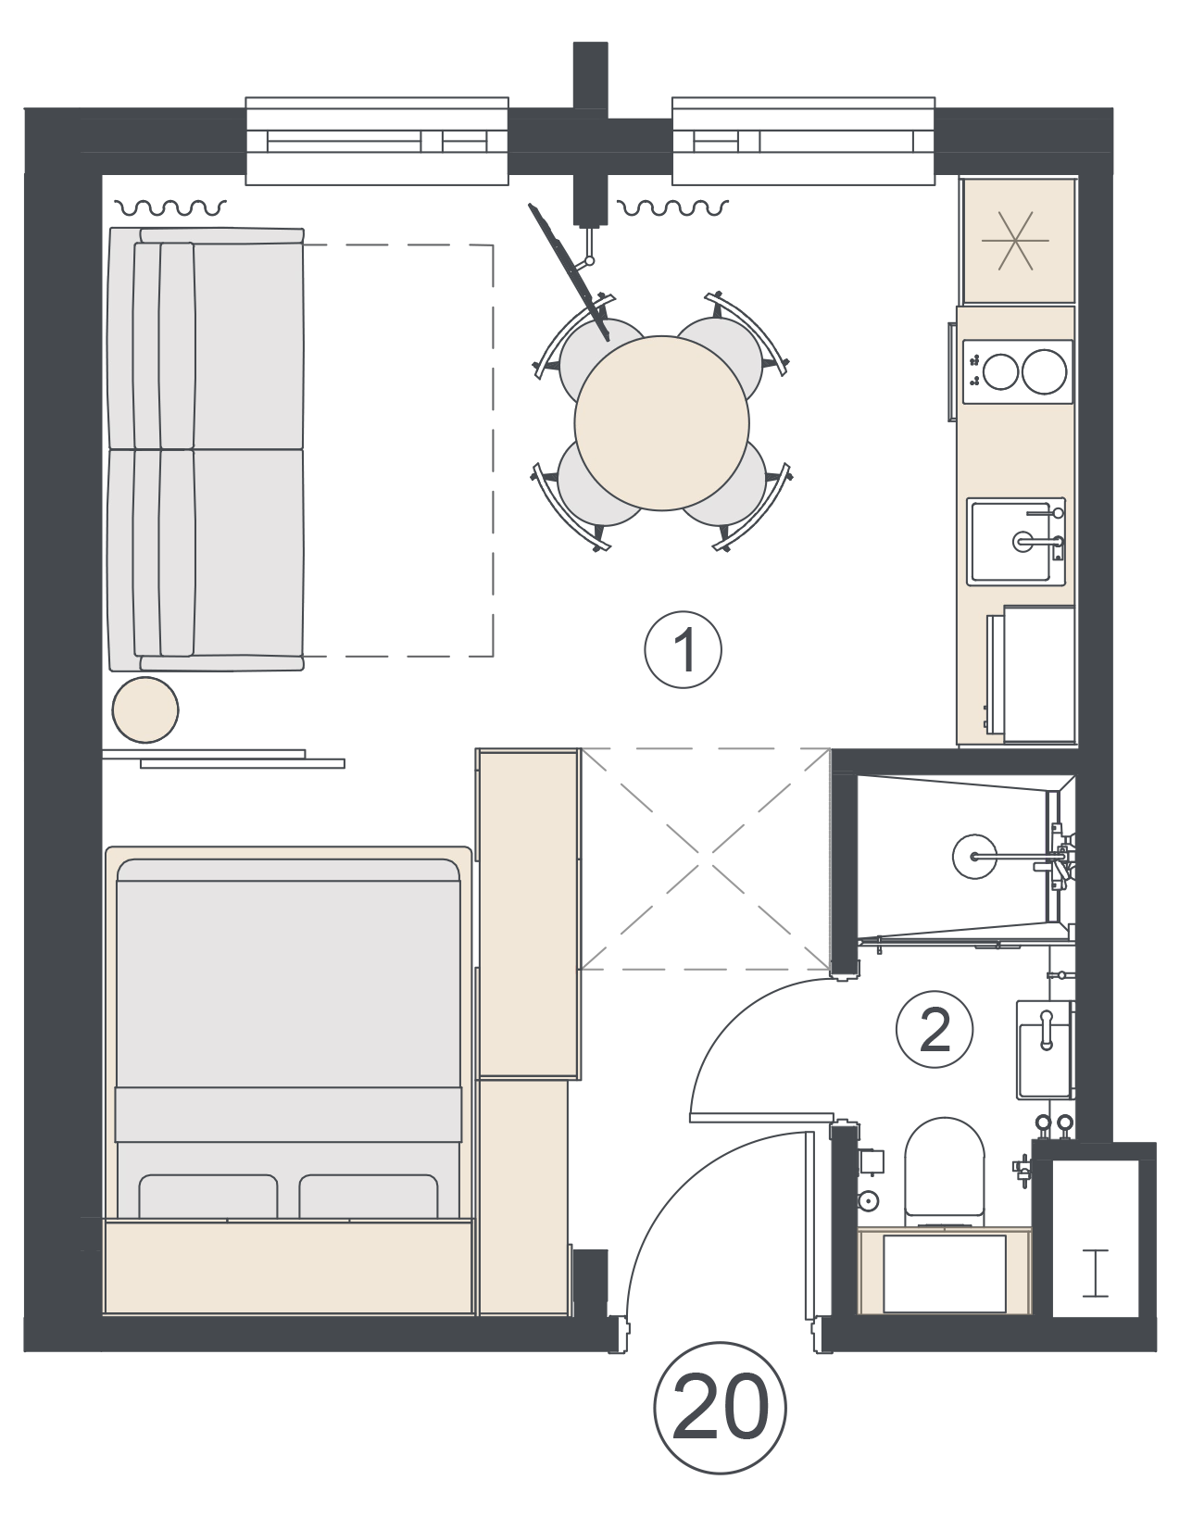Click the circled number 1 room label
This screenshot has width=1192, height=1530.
pos(683,649)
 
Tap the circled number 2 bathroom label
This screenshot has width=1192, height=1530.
pos(934,1030)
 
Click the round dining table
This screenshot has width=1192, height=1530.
pos(661,422)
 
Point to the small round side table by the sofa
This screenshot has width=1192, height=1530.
pos(145,709)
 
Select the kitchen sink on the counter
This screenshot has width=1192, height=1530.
pos(1015,541)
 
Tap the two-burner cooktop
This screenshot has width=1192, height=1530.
pos(1017,371)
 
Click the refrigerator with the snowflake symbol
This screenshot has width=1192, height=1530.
pos(1018,241)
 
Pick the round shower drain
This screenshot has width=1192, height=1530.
pos(974,856)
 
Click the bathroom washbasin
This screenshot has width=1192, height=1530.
pos(1044,1050)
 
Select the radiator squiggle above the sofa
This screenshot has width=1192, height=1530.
pos(170,207)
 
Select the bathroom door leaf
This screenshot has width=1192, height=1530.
pos(762,1117)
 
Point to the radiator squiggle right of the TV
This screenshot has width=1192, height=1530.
pos(672,207)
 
